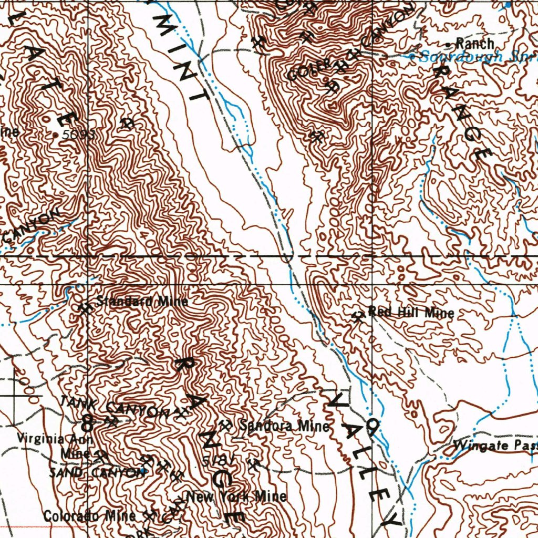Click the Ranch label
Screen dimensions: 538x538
474,44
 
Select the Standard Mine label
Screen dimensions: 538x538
142,302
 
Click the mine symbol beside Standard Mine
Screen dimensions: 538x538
84,307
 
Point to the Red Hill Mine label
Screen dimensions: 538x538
411,312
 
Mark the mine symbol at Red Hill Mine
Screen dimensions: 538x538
358,316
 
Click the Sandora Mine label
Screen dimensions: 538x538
284,426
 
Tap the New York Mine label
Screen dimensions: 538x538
236,496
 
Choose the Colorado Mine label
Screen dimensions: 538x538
89,516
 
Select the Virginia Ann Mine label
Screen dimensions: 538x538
55,445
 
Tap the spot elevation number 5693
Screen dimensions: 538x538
78,134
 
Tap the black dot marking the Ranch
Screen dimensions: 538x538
448,44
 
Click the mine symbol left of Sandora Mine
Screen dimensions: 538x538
226,425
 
